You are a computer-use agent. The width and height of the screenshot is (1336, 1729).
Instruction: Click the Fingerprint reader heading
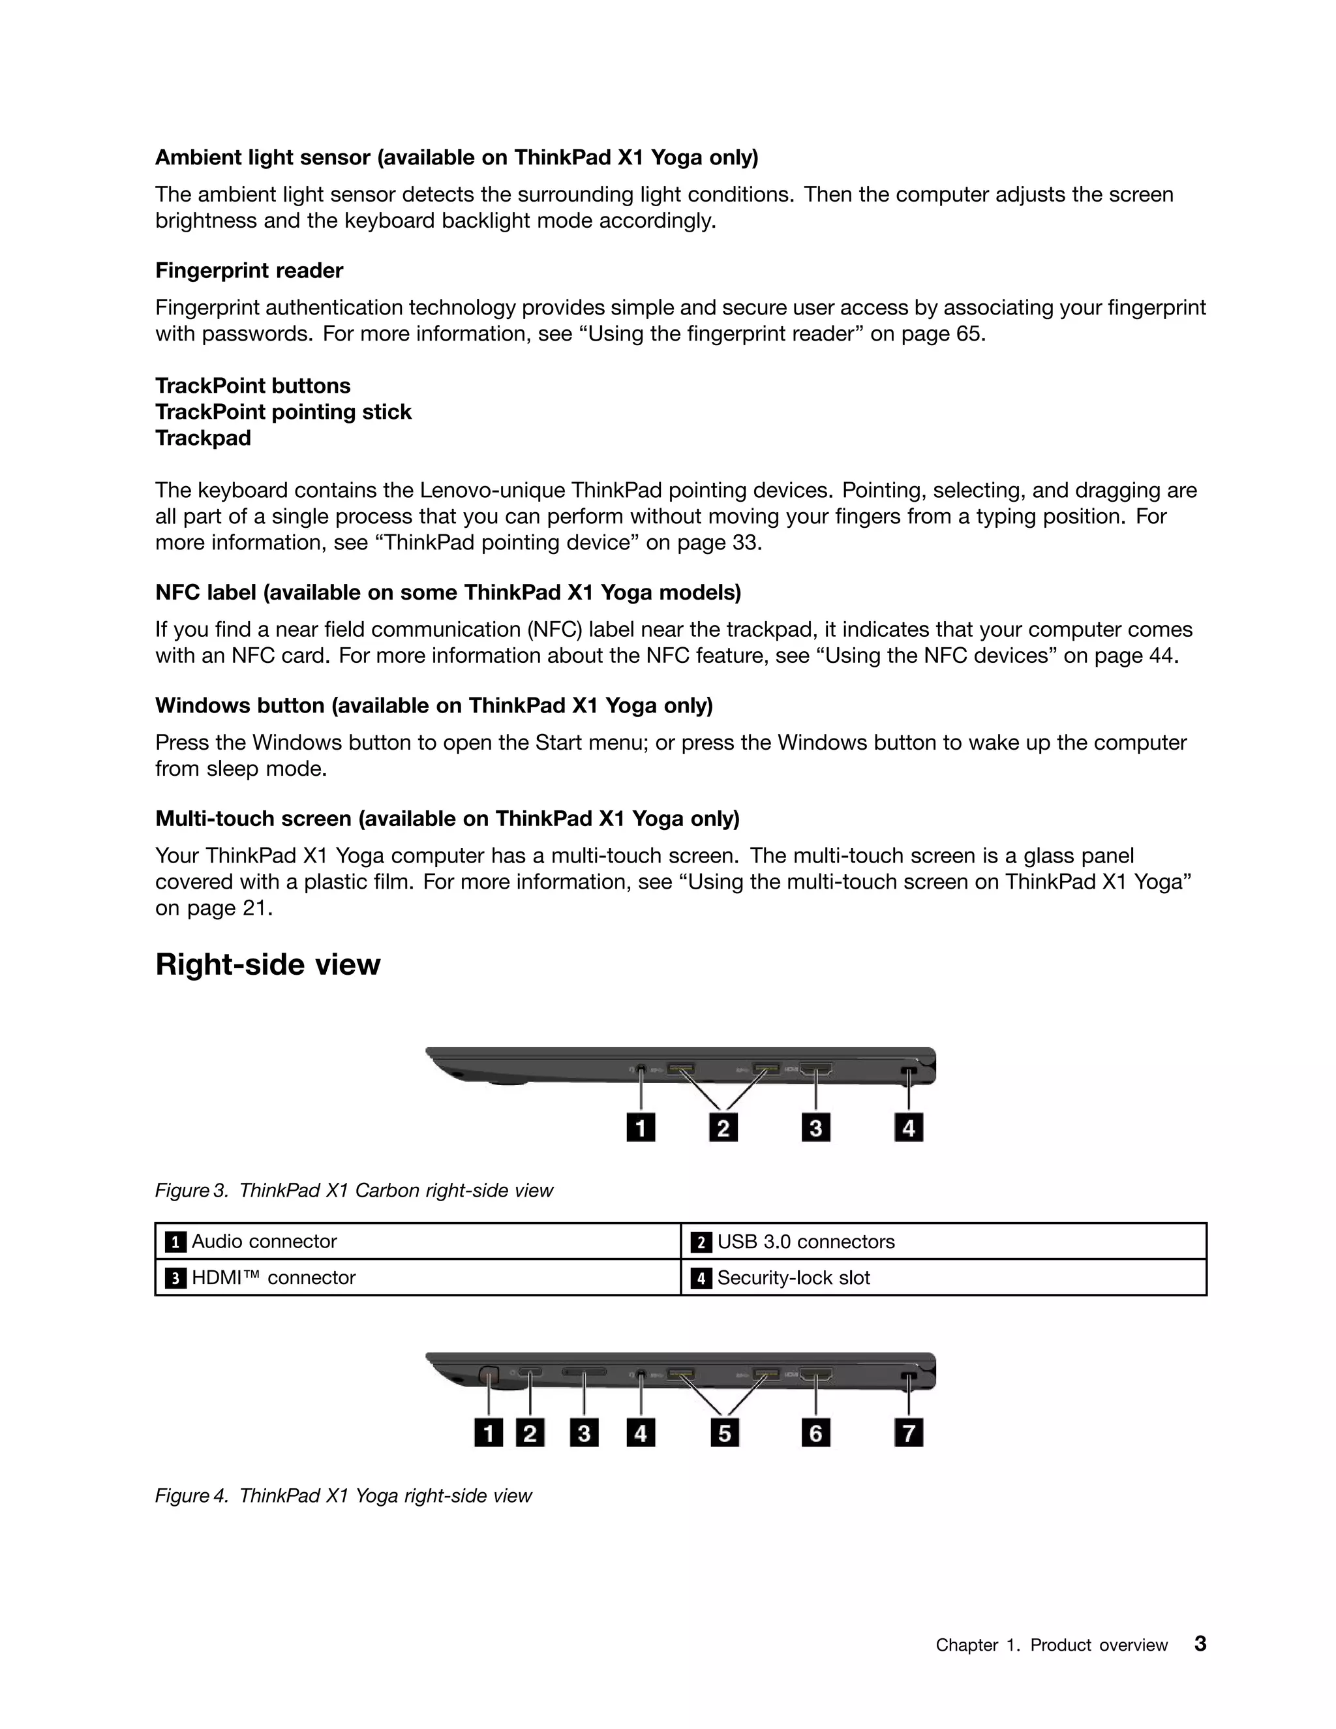pyautogui.click(x=249, y=271)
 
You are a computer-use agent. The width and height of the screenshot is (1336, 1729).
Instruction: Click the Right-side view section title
pyautogui.click(x=267, y=964)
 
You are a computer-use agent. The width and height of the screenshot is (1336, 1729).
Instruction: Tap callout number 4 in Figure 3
pyautogui.click(x=909, y=1127)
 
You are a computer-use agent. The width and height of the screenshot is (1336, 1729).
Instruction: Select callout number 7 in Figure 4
pyautogui.click(x=909, y=1432)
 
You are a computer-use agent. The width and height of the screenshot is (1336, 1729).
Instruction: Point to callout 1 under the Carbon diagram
pyautogui.click(x=641, y=1127)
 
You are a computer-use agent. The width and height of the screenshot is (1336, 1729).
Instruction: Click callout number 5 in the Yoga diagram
pyautogui.click(x=724, y=1432)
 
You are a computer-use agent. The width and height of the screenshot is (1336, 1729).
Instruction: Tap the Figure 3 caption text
pyautogui.click(x=354, y=1191)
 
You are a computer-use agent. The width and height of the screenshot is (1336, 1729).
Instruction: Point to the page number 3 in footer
pyautogui.click(x=1200, y=1644)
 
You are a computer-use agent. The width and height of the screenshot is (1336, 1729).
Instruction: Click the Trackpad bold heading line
pyautogui.click(x=203, y=438)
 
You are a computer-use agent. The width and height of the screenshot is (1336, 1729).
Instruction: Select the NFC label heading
pyautogui.click(x=448, y=592)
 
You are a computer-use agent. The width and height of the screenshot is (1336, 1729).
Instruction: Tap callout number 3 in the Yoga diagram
pyautogui.click(x=584, y=1432)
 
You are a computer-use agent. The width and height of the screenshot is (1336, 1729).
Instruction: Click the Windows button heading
pyautogui.click(x=434, y=705)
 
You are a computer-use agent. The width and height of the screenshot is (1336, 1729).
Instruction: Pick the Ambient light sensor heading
pyautogui.click(x=457, y=157)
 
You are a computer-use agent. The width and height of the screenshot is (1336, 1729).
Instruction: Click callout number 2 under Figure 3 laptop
pyautogui.click(x=723, y=1127)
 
